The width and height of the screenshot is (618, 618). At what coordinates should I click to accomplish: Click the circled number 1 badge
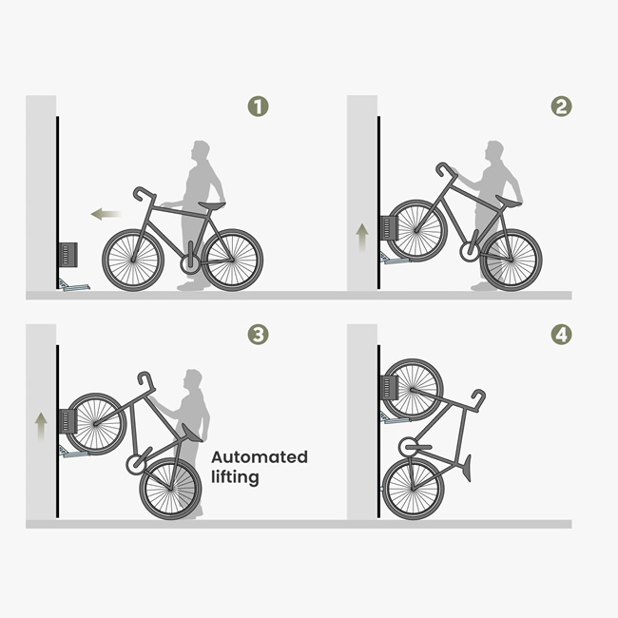(258, 106)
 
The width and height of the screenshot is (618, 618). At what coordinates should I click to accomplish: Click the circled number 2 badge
(562, 106)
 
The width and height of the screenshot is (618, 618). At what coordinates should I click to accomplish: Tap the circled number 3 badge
(258, 334)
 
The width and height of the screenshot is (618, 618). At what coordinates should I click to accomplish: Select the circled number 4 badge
(562, 334)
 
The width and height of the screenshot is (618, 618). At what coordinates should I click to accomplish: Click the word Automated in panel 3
(260, 457)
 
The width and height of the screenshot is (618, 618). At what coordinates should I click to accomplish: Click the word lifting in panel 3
(235, 477)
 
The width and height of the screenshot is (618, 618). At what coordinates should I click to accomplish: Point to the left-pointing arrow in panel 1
(106, 215)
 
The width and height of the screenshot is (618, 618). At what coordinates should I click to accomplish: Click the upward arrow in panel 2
(362, 236)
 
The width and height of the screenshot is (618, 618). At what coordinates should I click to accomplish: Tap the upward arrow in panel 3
(41, 426)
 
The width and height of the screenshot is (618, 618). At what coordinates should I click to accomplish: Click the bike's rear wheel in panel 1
(232, 260)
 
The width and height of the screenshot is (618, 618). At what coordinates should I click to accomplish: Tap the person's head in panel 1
(201, 151)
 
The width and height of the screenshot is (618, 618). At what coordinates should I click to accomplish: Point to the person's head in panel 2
(493, 150)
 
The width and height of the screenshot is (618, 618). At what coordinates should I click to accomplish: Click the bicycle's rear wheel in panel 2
(511, 259)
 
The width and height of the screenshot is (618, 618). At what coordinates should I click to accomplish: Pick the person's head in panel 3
(194, 379)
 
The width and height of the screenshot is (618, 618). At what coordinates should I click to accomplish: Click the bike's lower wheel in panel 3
(170, 489)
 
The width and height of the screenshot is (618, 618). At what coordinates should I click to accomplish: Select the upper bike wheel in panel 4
(413, 389)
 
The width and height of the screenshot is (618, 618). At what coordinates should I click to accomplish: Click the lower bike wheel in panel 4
(413, 488)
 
